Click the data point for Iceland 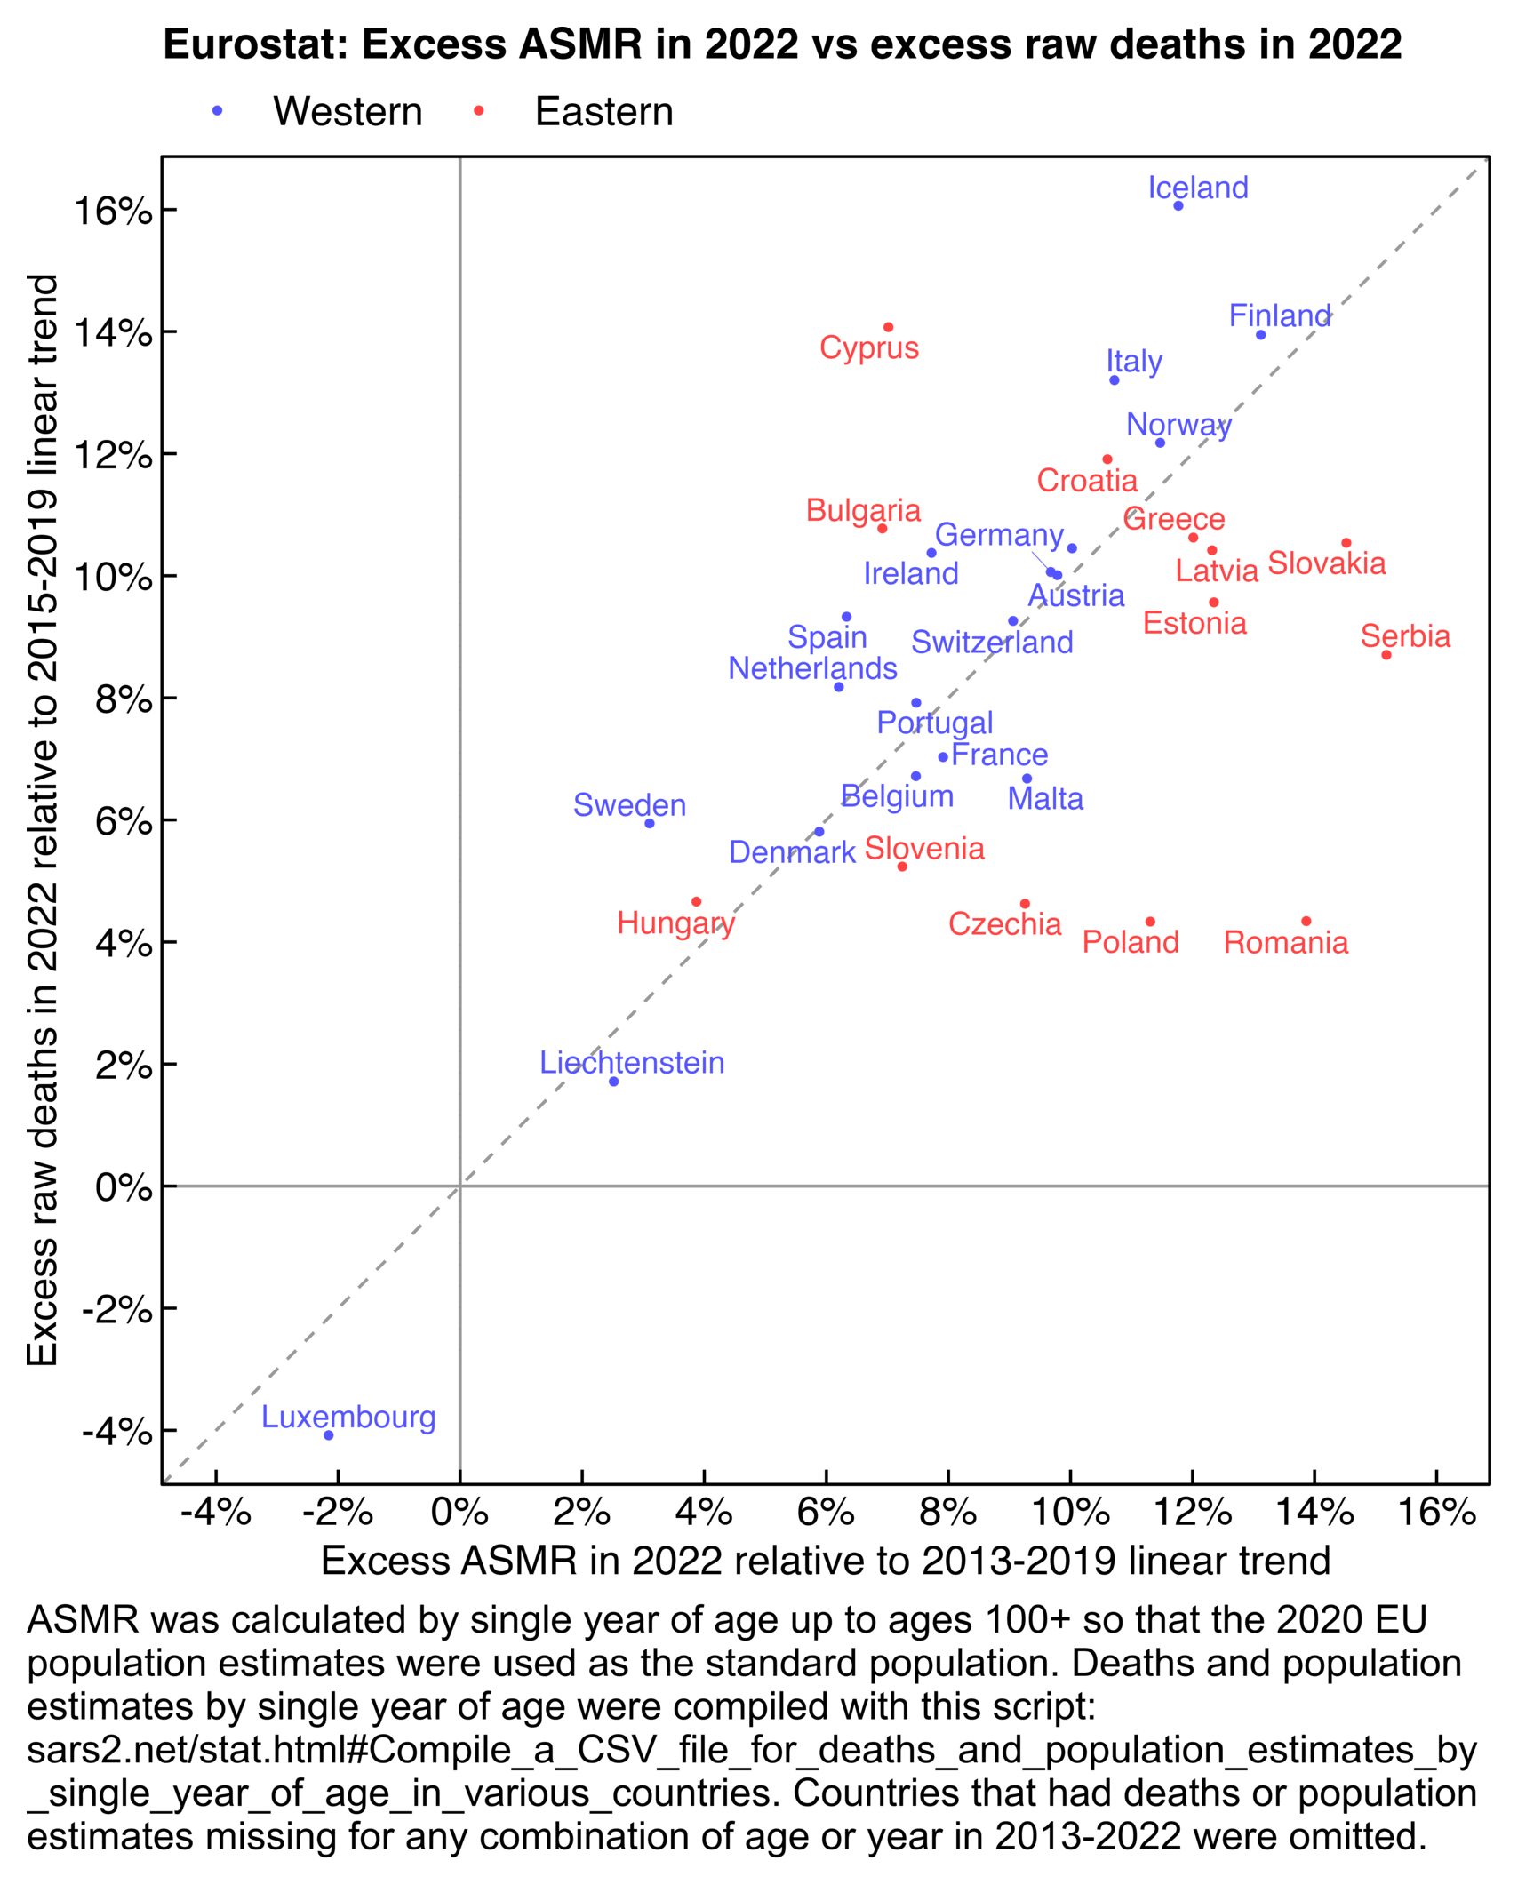[x=1178, y=206]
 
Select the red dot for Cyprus [x=889, y=328]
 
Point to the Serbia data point [x=1386, y=655]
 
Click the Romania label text [x=1285, y=942]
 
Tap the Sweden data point [x=650, y=824]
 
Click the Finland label [x=1280, y=315]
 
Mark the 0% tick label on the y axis [x=124, y=1187]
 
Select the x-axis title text [x=825, y=1561]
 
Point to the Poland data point [x=1150, y=922]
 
